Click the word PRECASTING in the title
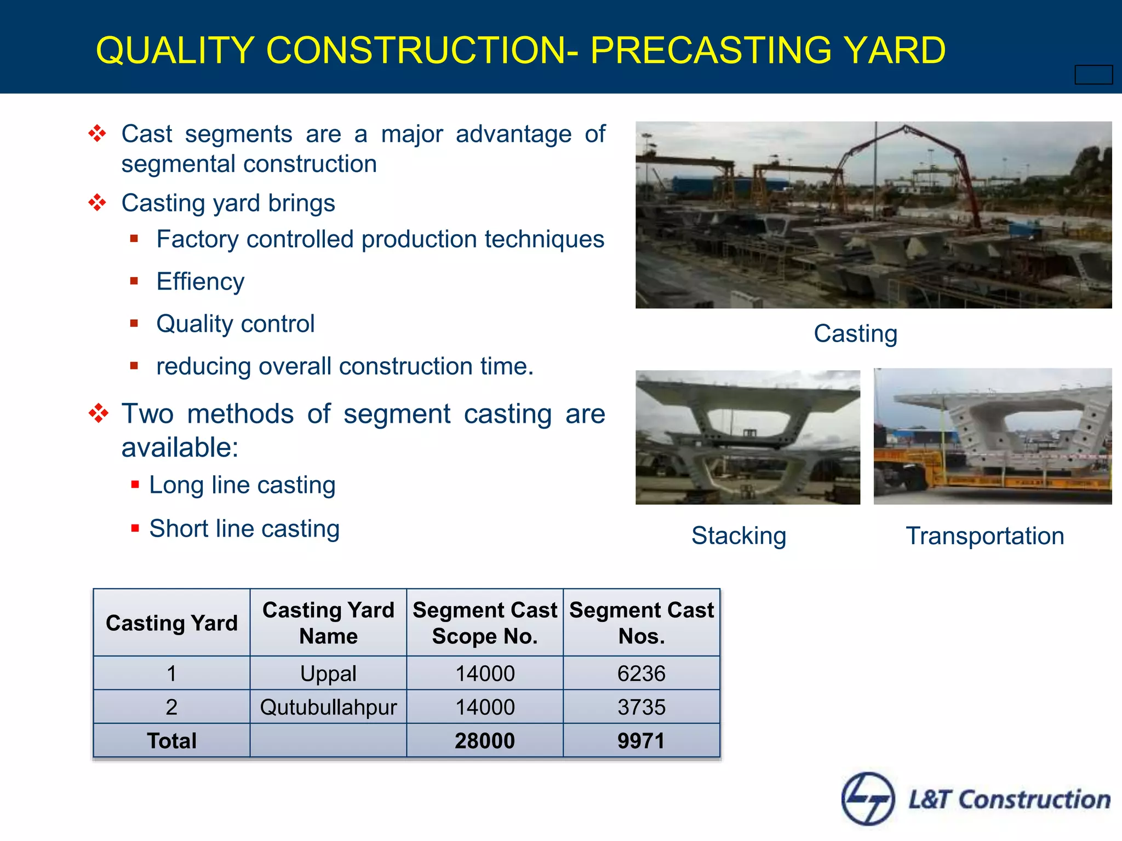712,50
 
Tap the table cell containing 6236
641,673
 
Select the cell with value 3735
641,707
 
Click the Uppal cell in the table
328,673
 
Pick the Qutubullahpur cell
328,707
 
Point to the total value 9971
641,741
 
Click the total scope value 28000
484,741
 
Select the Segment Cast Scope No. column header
484,623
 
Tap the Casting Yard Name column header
328,623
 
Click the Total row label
171,741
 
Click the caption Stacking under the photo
739,535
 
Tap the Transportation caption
984,535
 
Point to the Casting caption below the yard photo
855,333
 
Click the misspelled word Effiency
200,281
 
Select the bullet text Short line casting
244,529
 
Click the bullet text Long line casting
242,485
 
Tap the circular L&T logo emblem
868,799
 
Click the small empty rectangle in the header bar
1093,74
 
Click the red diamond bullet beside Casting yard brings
98,203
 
